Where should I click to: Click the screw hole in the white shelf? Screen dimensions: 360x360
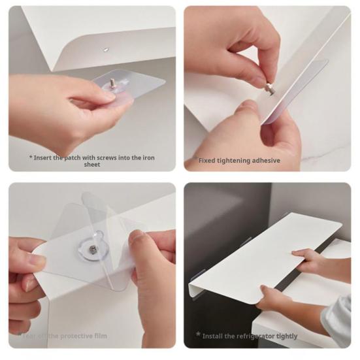tap(106, 49)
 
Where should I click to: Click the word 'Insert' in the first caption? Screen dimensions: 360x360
tap(45, 157)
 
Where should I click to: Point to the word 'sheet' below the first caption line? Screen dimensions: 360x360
tap(92, 165)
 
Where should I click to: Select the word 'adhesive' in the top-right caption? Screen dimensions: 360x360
tap(265, 161)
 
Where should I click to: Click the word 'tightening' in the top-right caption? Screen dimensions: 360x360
tap(233, 161)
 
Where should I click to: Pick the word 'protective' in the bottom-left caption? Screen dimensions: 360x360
tap(82, 336)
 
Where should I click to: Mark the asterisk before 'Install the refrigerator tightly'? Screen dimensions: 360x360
tap(198, 335)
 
